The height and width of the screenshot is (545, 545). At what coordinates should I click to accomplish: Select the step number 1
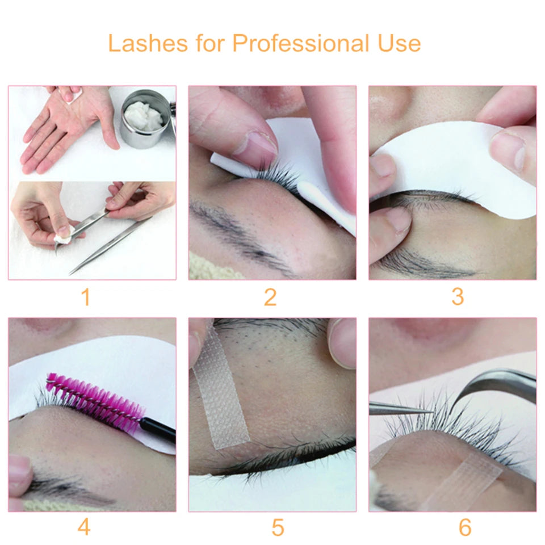click(x=86, y=297)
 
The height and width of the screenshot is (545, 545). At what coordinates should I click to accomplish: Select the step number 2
click(x=270, y=297)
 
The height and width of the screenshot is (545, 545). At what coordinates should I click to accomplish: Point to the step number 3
click(x=458, y=297)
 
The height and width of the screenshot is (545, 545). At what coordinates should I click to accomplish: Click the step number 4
click(x=84, y=527)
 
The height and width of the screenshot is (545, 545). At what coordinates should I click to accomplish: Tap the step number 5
click(x=277, y=527)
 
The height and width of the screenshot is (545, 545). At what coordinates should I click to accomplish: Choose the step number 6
click(x=465, y=527)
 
